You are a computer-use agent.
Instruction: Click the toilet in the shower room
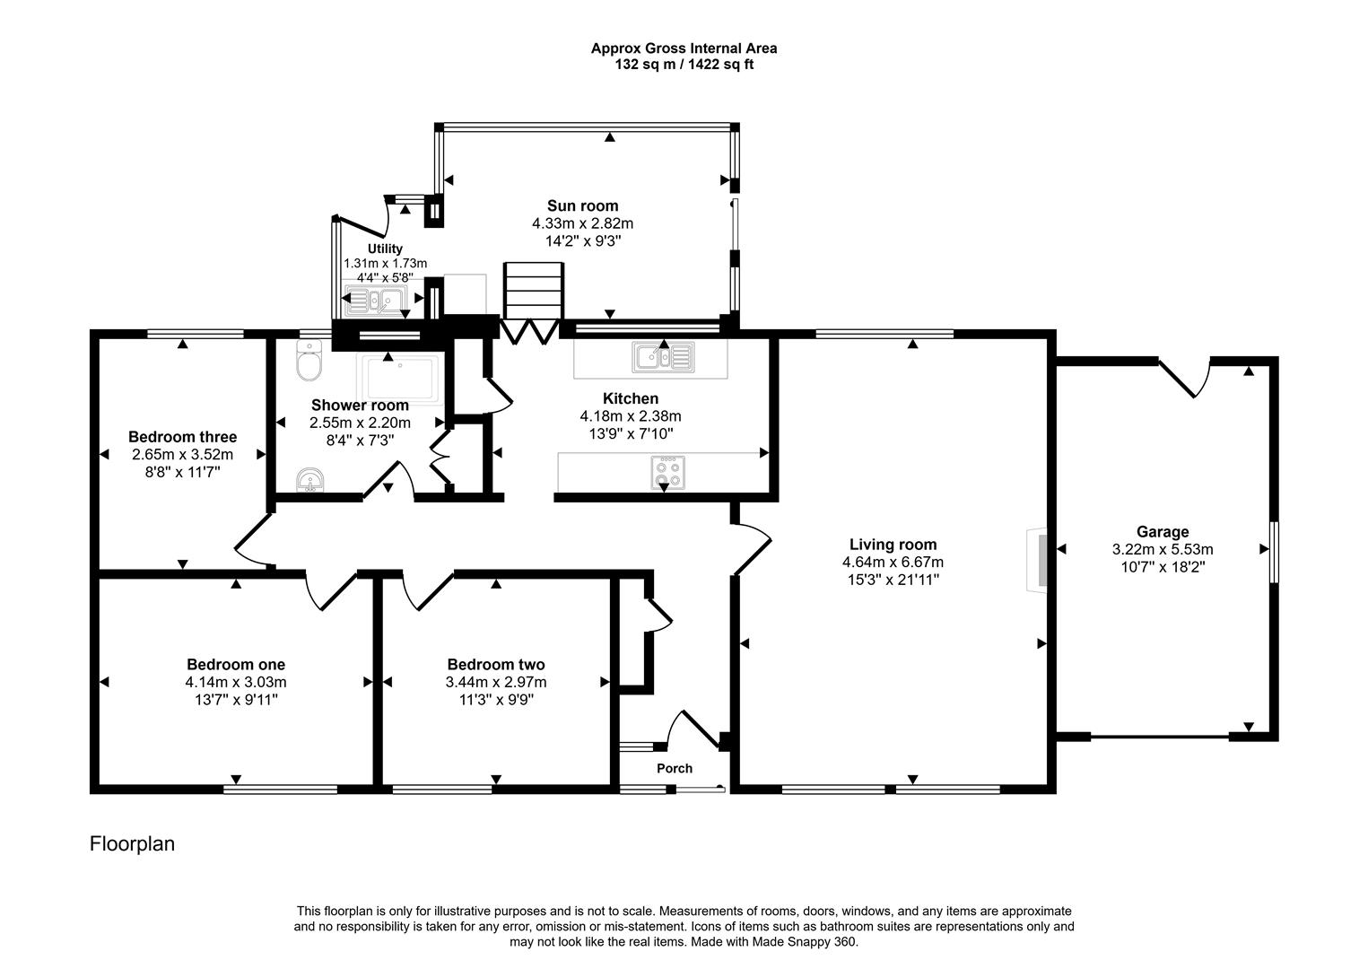click(x=309, y=362)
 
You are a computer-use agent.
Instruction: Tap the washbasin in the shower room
click(x=310, y=481)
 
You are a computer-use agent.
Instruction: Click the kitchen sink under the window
click(x=663, y=357)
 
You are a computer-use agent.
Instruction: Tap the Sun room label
click(x=582, y=205)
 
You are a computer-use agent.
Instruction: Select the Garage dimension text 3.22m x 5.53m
click(x=1162, y=549)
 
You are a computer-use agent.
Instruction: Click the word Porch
click(x=675, y=768)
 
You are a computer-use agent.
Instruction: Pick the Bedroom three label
click(x=182, y=437)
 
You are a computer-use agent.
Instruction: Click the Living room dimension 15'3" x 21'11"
click(x=893, y=580)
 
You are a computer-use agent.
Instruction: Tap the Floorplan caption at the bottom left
click(x=132, y=844)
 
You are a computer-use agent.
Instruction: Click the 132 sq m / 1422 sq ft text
click(x=684, y=65)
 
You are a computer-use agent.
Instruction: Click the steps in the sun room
click(x=534, y=290)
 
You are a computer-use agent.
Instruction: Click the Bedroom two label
click(x=496, y=665)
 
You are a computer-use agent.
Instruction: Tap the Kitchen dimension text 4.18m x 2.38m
click(x=631, y=416)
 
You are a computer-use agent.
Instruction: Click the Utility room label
click(x=385, y=249)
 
